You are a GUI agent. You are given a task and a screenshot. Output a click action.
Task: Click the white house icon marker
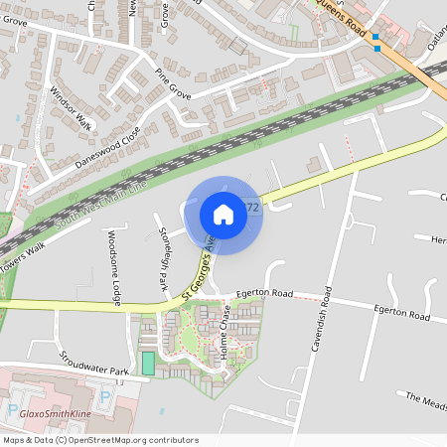pos(223,215)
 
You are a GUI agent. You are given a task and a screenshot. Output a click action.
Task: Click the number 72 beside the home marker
pos(251,209)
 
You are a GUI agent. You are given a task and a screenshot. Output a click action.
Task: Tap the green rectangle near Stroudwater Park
pos(148,363)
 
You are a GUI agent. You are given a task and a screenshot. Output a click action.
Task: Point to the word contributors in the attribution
pos(170,439)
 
